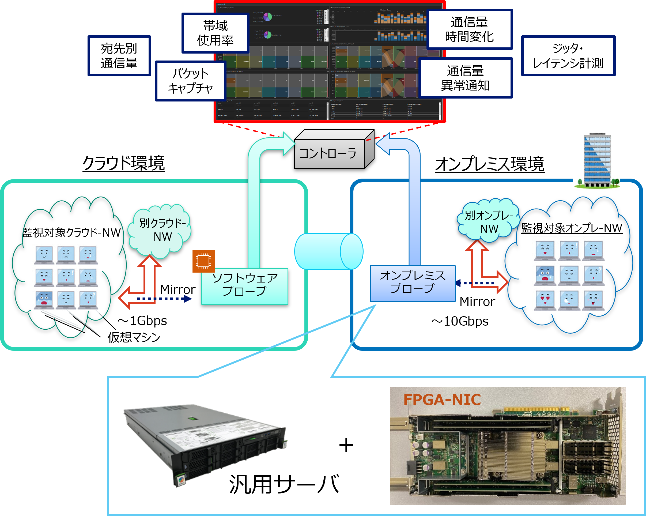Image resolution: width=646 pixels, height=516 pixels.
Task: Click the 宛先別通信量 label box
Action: (119, 56)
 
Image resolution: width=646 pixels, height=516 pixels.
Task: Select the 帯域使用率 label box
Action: (215, 33)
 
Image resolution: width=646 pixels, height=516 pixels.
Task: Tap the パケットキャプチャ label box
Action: (190, 81)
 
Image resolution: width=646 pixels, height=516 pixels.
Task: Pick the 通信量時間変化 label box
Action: (469, 29)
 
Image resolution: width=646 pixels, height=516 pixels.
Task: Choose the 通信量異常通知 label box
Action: (465, 78)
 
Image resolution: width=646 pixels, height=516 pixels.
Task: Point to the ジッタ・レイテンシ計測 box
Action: (568, 56)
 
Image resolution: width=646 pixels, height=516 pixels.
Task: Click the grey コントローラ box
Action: (330, 153)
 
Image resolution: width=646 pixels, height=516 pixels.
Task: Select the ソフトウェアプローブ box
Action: (244, 286)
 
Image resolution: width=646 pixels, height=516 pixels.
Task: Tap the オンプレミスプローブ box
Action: (412, 283)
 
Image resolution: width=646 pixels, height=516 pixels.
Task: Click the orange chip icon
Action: (203, 261)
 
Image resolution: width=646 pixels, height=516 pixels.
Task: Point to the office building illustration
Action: (596, 160)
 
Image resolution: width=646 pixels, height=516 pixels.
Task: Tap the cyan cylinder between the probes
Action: (328, 251)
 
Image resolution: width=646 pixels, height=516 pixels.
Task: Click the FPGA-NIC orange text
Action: (442, 400)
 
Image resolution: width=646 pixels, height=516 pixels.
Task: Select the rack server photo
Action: (206, 443)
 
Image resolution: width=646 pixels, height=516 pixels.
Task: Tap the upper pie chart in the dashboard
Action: (267, 17)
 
